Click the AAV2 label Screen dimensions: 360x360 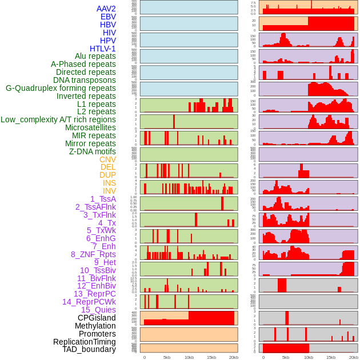(106, 9)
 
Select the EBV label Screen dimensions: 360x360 (108, 17)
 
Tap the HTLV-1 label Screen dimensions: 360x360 (102, 49)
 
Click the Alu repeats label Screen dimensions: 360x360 (95, 57)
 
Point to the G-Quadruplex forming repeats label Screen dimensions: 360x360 (61, 88)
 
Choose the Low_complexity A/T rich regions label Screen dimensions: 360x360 (58, 119)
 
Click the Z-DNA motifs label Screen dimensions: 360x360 (92, 151)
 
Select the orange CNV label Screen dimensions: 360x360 (107, 159)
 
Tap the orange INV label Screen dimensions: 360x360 (109, 191)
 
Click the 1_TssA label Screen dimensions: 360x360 (103, 199)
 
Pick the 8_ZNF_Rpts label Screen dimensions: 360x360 (93, 254)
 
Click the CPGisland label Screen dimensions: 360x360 (97, 318)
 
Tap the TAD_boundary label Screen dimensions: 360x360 (89, 349)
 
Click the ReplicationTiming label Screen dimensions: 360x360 (85, 342)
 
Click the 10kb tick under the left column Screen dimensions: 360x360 (189, 357)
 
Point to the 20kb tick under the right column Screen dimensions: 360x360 (354, 357)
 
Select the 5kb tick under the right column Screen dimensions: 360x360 (286, 357)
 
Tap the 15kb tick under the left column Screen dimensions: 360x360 (211, 357)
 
